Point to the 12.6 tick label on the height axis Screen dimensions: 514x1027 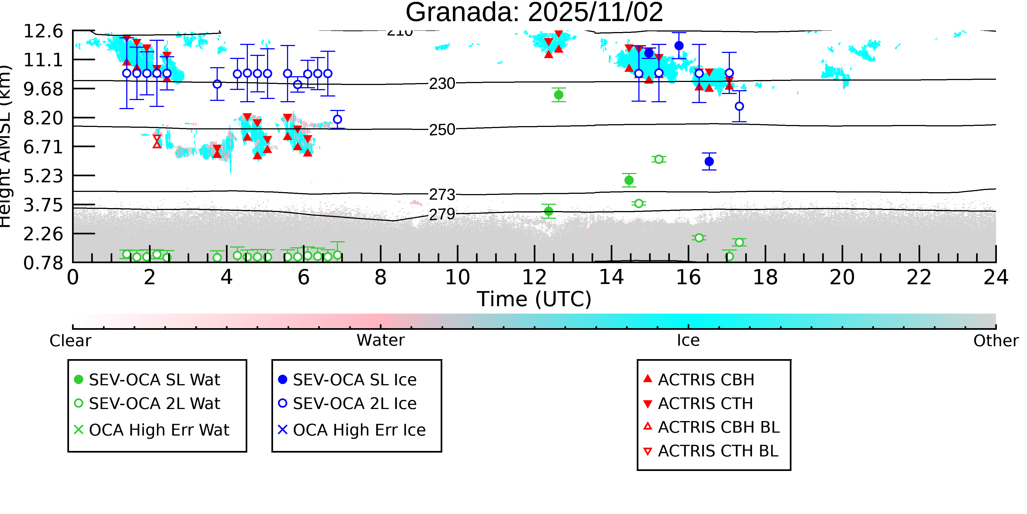click(x=43, y=31)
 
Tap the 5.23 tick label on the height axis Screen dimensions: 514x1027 click(x=43, y=176)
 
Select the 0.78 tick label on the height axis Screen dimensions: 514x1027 click(x=43, y=263)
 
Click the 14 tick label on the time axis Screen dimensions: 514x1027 click(x=611, y=277)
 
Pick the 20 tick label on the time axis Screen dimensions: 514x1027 click(x=842, y=277)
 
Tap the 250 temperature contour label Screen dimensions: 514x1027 click(x=442, y=130)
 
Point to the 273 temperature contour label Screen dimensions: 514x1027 click(x=442, y=195)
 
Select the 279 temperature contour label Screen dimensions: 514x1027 click(x=442, y=215)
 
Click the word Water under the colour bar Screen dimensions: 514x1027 click(x=380, y=340)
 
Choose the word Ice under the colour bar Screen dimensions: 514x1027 click(x=688, y=340)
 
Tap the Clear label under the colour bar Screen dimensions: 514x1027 click(x=70, y=341)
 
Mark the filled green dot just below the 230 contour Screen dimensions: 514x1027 click(x=558, y=95)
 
